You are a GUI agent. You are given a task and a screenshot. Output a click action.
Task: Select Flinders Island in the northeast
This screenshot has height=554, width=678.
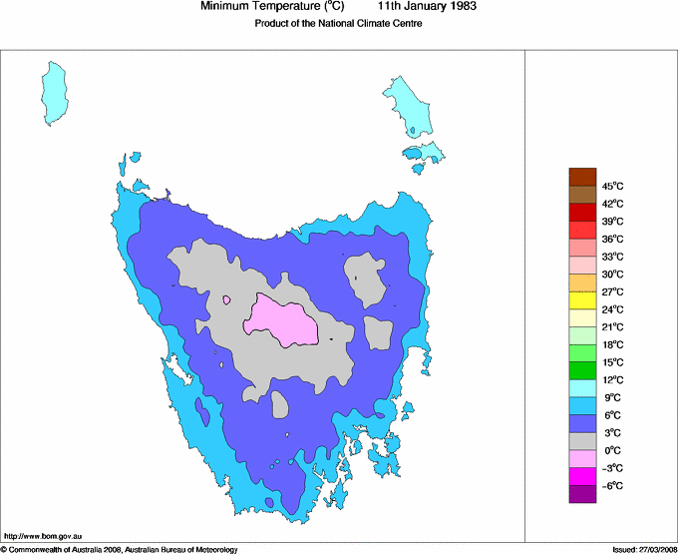click(408, 104)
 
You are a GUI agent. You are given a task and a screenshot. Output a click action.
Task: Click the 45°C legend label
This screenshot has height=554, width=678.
click(612, 186)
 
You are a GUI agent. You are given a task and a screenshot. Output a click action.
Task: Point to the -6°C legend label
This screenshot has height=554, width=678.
click(612, 485)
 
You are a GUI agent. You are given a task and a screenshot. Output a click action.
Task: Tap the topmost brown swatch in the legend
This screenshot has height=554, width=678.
click(582, 177)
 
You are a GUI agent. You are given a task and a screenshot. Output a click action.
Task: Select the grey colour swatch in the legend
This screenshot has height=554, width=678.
click(582, 441)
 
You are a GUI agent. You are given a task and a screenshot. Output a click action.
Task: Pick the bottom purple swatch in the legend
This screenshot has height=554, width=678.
click(582, 494)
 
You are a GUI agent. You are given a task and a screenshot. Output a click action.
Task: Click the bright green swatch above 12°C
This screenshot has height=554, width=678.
click(582, 370)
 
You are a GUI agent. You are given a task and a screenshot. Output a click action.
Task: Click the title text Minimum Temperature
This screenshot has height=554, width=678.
click(272, 6)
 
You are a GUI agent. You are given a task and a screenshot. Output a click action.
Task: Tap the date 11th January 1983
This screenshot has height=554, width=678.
click(428, 6)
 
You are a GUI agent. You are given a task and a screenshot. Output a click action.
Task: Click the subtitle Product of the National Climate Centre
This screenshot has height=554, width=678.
click(338, 24)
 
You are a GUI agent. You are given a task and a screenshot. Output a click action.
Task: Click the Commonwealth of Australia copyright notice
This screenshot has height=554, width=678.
click(120, 549)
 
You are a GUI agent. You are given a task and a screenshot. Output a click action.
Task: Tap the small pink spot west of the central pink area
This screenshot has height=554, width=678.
click(227, 298)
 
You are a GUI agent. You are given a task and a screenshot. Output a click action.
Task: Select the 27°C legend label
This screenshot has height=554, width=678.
click(612, 291)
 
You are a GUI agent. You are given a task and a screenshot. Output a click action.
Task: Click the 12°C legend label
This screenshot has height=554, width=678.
click(612, 379)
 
